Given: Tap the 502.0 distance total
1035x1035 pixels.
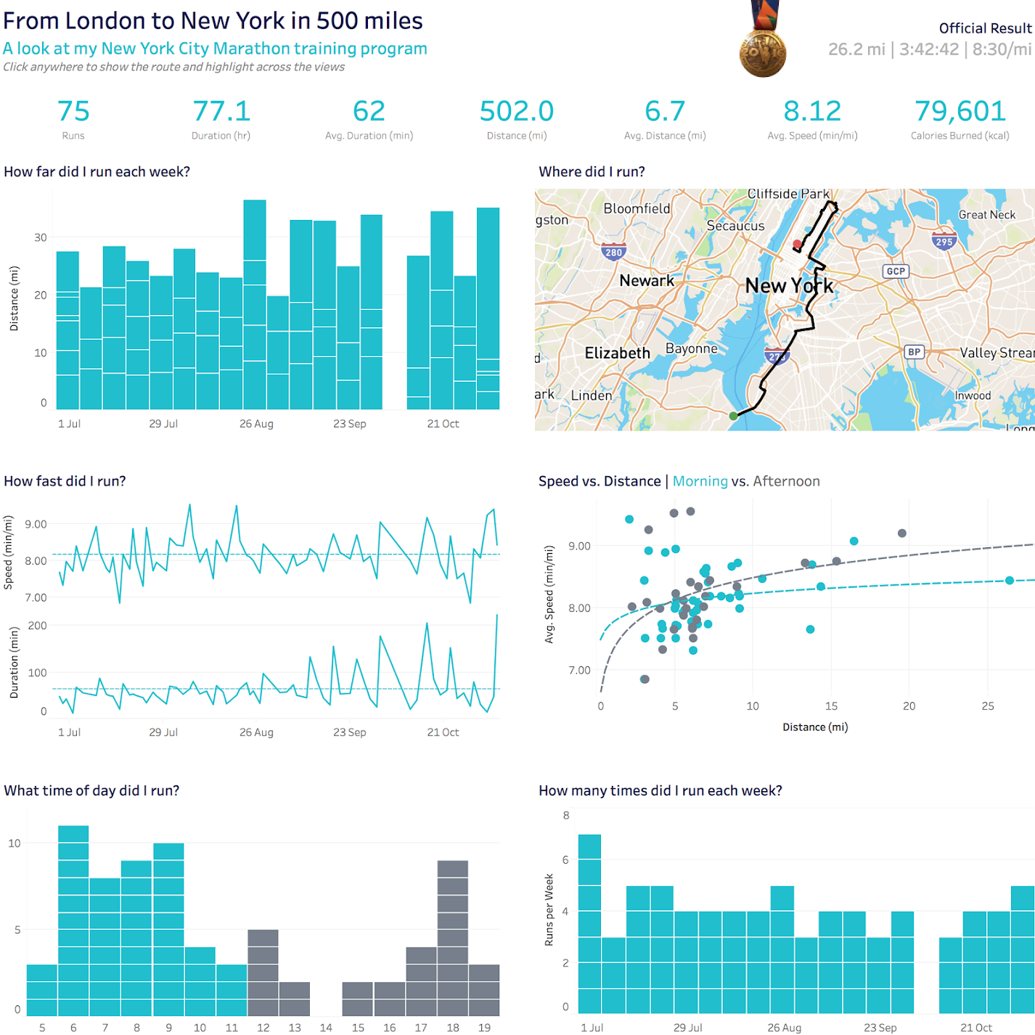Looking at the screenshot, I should (x=517, y=112).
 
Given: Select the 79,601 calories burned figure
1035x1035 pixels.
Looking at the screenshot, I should (x=960, y=112).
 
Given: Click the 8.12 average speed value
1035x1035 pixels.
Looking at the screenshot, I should (x=812, y=112).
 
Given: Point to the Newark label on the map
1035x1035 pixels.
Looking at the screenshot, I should (x=647, y=281).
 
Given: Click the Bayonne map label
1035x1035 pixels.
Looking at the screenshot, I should (x=691, y=349).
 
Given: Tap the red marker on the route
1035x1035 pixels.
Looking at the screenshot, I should (x=797, y=245).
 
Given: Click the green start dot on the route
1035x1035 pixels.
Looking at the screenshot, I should (x=733, y=416).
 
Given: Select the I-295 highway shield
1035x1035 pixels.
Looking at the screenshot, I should (x=944, y=241).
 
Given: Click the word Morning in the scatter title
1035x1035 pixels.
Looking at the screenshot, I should (x=700, y=481).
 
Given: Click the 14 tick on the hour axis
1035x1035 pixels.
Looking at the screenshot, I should (x=326, y=1028).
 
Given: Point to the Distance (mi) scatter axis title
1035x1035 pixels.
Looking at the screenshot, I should (x=815, y=727).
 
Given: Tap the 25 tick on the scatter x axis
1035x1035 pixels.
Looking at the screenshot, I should (x=988, y=706).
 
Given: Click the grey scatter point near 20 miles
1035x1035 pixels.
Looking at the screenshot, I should (x=902, y=533).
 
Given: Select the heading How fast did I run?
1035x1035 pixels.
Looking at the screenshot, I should (x=65, y=481).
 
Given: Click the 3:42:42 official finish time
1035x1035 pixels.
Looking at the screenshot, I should (x=929, y=49).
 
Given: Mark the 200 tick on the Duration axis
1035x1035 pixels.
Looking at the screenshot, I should (x=37, y=626).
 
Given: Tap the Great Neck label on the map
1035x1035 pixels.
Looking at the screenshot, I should (x=987, y=215).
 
